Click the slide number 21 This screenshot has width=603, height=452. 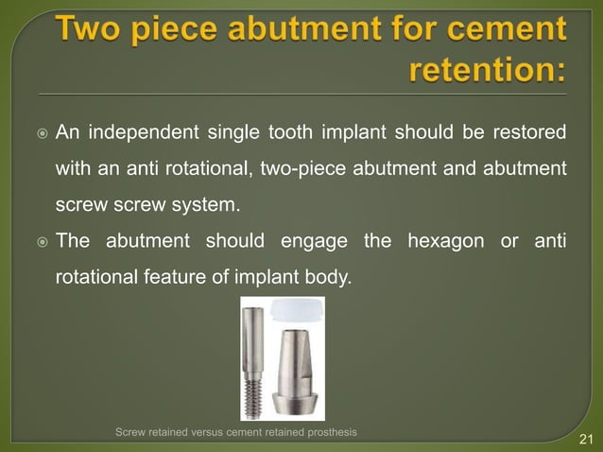[584, 439]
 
